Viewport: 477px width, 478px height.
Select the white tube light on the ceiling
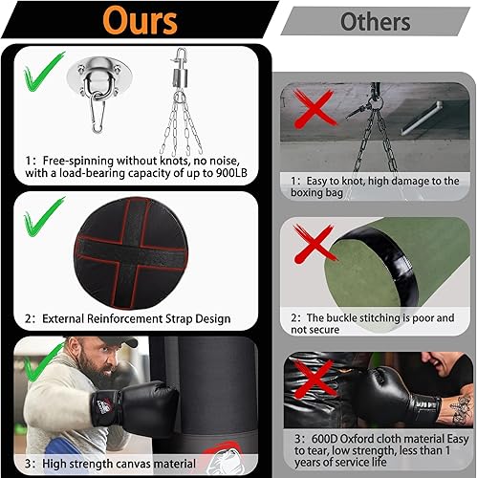tap(424, 119)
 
